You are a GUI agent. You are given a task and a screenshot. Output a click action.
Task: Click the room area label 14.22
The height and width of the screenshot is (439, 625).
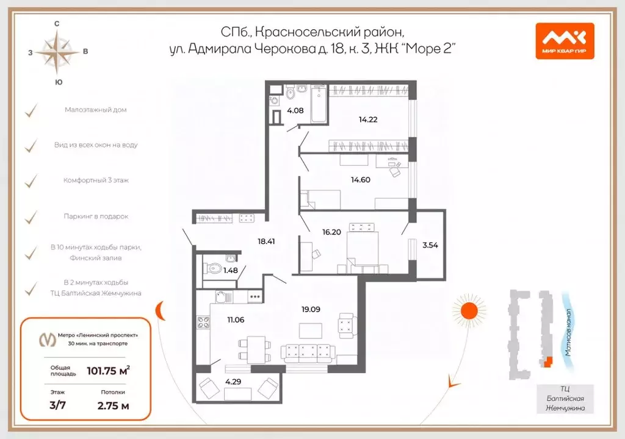pos(368,120)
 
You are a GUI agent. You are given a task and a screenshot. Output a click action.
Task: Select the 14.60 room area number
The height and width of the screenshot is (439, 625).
pos(360,179)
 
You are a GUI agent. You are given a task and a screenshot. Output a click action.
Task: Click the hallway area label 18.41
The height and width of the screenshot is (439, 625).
pos(267,241)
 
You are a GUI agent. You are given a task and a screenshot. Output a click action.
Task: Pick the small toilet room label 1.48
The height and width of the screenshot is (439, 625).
pos(230,269)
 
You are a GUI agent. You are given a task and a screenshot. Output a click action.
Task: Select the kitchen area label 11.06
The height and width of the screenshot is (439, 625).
pos(236,319)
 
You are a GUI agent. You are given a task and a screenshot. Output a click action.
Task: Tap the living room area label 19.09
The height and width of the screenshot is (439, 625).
pos(311,309)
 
